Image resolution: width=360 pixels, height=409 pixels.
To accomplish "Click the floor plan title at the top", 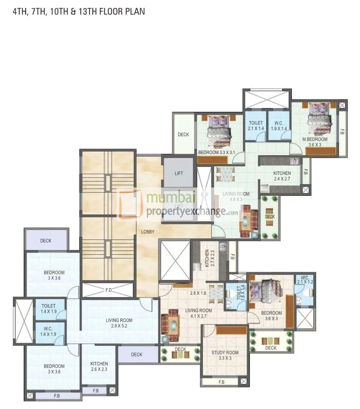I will click(x=78, y=11).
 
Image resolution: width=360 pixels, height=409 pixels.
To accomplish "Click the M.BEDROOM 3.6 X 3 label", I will click(x=315, y=142).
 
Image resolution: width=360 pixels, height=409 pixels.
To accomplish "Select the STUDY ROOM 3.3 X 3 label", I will click(x=225, y=355).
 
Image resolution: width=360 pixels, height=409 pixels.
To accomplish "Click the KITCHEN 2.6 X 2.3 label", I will click(x=99, y=367).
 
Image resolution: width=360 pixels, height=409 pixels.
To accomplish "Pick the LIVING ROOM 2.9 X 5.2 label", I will click(x=118, y=323).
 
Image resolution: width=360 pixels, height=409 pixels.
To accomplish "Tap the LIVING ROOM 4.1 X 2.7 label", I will click(x=199, y=313).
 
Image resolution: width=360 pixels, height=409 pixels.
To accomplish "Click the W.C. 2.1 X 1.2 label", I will click(x=304, y=280).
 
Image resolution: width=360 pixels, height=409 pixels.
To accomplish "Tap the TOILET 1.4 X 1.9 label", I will click(x=49, y=308).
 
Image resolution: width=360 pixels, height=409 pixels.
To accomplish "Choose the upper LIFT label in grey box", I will click(x=179, y=173).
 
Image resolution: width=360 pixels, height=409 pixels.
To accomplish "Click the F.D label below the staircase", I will click(x=108, y=290).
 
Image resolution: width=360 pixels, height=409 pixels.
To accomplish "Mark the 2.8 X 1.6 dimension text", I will click(x=198, y=293).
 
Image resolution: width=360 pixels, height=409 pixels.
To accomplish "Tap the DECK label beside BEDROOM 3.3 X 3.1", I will click(x=183, y=135).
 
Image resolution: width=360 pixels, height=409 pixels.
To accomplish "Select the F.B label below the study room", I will click(x=222, y=382).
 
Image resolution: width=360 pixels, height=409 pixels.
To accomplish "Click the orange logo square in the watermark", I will click(x=129, y=203).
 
